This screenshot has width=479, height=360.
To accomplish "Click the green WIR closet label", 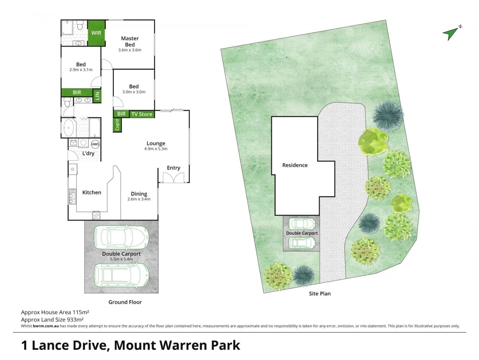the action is (x=96, y=33).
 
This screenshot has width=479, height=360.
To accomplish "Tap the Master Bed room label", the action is (x=129, y=41).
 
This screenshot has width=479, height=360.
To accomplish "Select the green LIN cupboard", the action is (x=97, y=96).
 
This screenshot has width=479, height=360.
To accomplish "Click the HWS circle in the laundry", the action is (x=95, y=144).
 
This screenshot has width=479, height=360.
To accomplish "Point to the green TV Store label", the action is (x=142, y=114).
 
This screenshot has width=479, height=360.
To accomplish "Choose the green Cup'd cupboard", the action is (x=117, y=125).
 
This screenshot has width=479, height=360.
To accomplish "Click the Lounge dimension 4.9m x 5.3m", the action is (x=156, y=149).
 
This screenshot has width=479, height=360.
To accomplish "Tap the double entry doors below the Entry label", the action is (x=174, y=177).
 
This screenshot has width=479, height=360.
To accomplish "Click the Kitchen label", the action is (x=92, y=192).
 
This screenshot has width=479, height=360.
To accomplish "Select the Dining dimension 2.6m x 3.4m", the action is (x=139, y=199).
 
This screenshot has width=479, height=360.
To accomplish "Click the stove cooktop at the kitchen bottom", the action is (x=96, y=215).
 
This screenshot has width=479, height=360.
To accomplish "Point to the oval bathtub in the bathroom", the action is (x=69, y=128).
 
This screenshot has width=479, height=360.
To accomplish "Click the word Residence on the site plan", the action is (x=295, y=165).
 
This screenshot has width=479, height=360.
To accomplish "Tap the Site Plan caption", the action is (x=320, y=294).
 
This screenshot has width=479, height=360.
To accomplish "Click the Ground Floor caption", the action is (x=125, y=302).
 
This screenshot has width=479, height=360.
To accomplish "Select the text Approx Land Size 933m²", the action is (x=52, y=319).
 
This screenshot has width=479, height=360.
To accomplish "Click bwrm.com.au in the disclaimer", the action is (x=46, y=326).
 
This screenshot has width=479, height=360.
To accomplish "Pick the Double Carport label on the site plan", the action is (x=302, y=233).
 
